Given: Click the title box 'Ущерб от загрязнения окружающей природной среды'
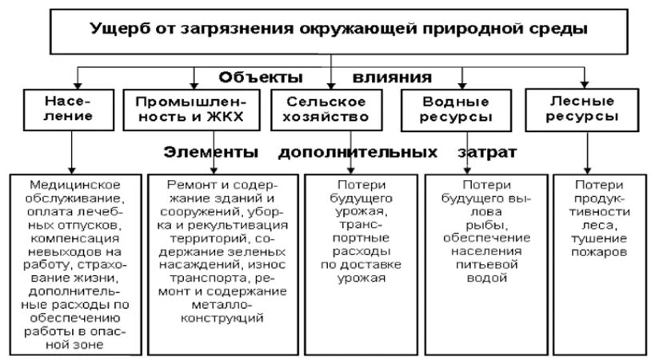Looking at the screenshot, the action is (331, 30).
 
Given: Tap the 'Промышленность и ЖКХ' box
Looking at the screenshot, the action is (193, 110).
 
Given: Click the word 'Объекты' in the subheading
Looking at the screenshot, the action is (260, 78).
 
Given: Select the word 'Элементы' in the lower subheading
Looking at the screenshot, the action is (211, 152).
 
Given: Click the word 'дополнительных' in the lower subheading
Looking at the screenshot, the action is (358, 152).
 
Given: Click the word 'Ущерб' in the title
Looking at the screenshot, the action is (118, 30).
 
